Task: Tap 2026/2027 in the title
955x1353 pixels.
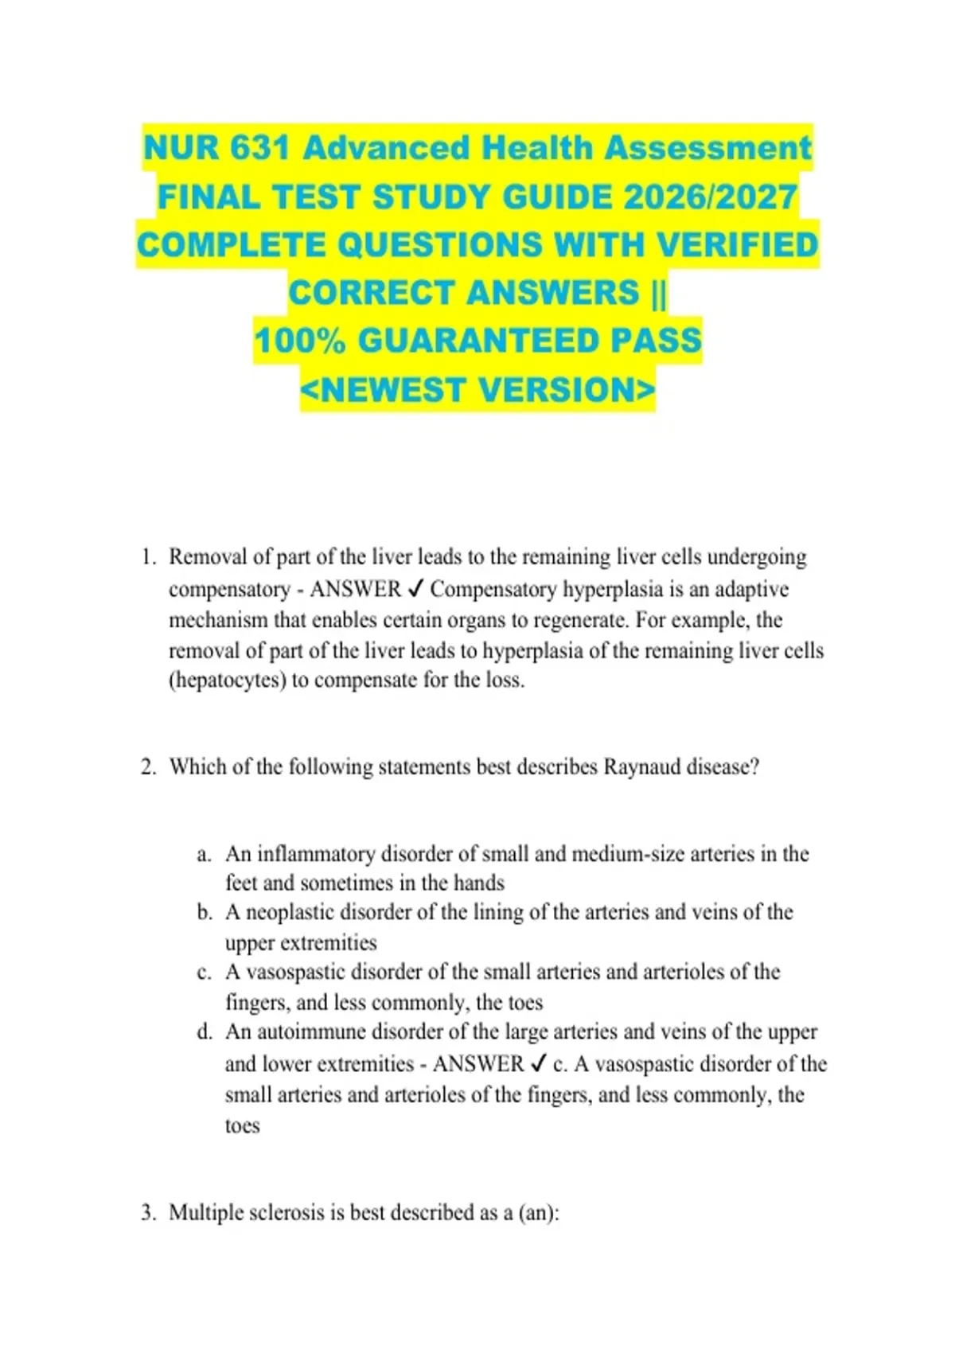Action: pyautogui.click(x=710, y=197)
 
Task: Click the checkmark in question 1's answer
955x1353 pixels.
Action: pyautogui.click(x=415, y=590)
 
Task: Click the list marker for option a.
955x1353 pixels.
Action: pyautogui.click(x=205, y=855)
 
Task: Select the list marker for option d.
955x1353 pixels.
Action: pyautogui.click(x=205, y=1032)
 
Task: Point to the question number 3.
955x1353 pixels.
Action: pyautogui.click(x=148, y=1214)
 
